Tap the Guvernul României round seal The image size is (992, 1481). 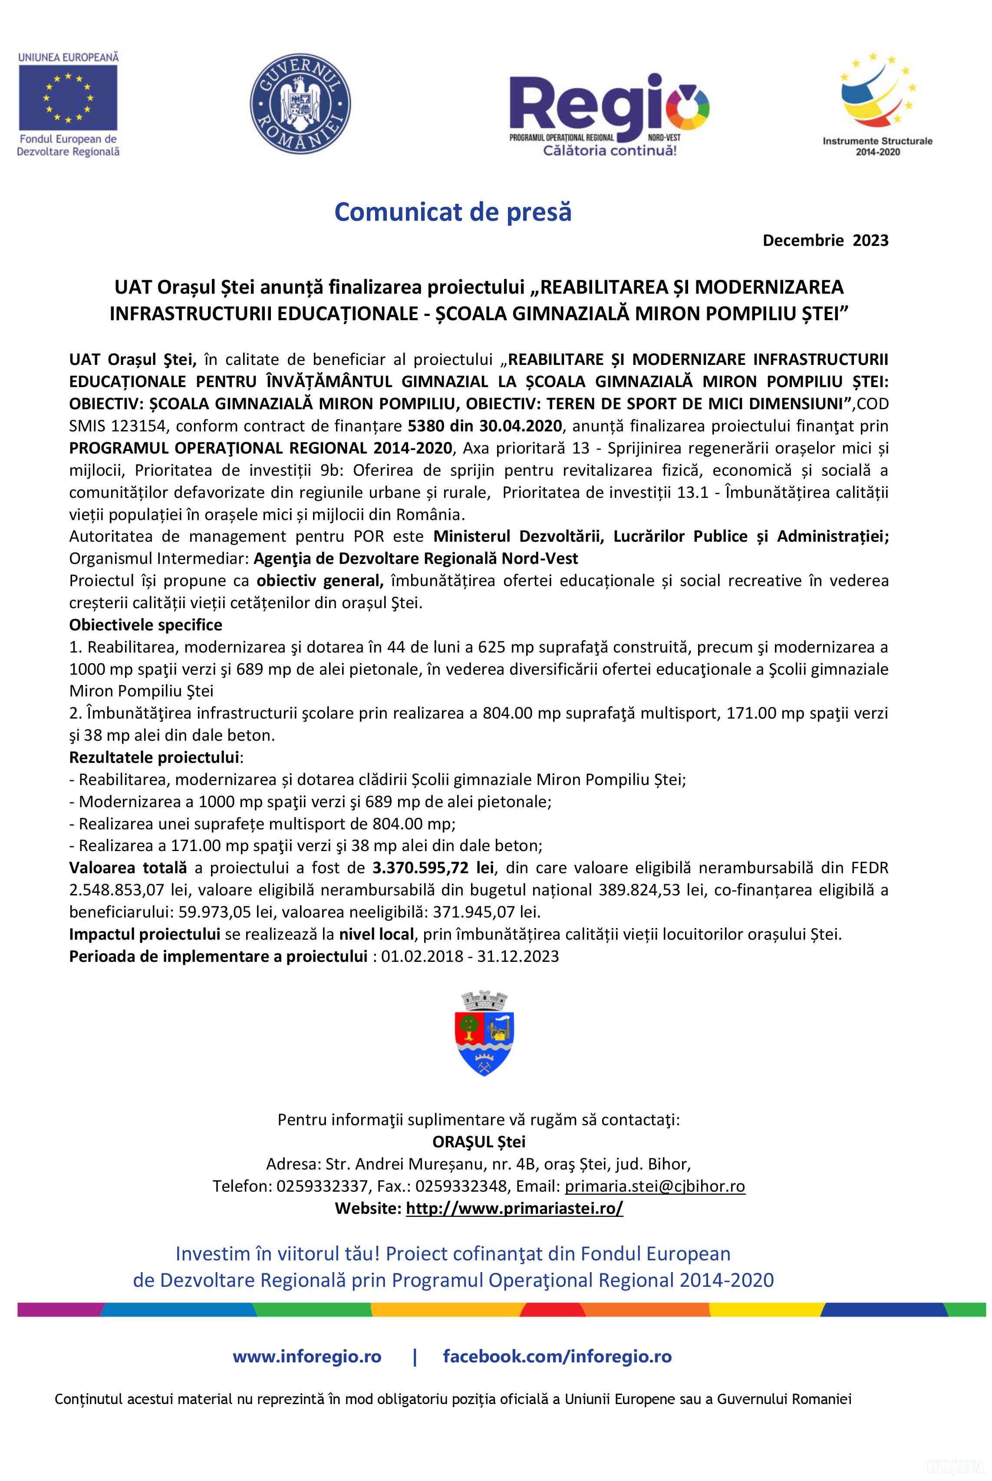tap(300, 103)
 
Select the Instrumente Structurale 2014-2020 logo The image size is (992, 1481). tap(877, 104)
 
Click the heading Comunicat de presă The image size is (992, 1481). tap(453, 212)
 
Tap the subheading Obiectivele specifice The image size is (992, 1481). tap(145, 625)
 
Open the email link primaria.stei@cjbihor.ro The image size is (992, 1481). tap(655, 1186)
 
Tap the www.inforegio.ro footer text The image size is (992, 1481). tap(307, 1356)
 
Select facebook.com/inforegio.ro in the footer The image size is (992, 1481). tap(557, 1356)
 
